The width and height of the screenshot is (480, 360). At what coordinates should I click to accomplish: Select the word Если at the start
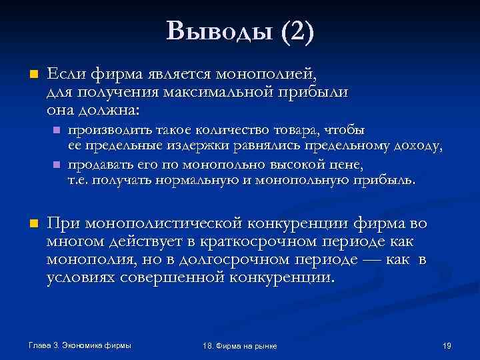[65, 73]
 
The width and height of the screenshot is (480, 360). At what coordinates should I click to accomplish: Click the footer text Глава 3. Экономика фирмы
[79, 345]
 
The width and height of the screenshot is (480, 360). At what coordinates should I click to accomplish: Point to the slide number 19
[447, 345]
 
